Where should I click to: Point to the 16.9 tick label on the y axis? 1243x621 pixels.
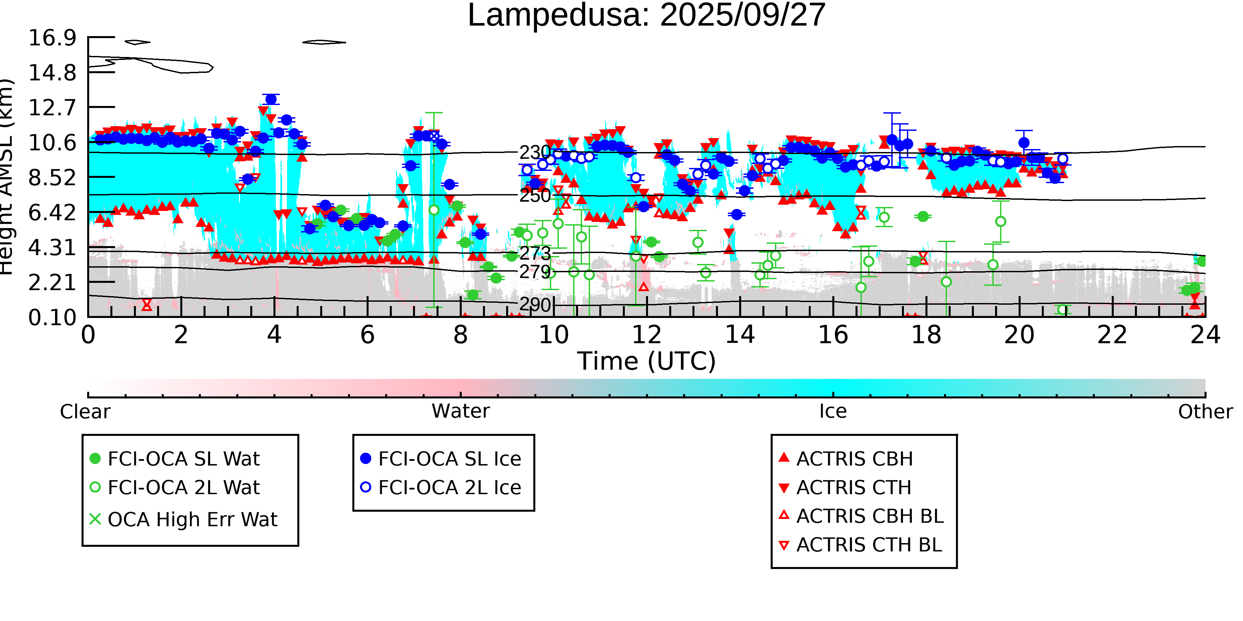[52, 38]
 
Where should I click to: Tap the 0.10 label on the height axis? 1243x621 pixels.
[52, 318]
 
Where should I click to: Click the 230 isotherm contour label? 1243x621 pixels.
[535, 152]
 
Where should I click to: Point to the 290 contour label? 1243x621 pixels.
[535, 305]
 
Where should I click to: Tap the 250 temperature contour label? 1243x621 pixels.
[535, 196]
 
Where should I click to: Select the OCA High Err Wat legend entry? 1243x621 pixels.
[192, 520]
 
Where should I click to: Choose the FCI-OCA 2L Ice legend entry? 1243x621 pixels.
[449, 488]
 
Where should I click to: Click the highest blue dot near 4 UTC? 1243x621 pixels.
[271, 100]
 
